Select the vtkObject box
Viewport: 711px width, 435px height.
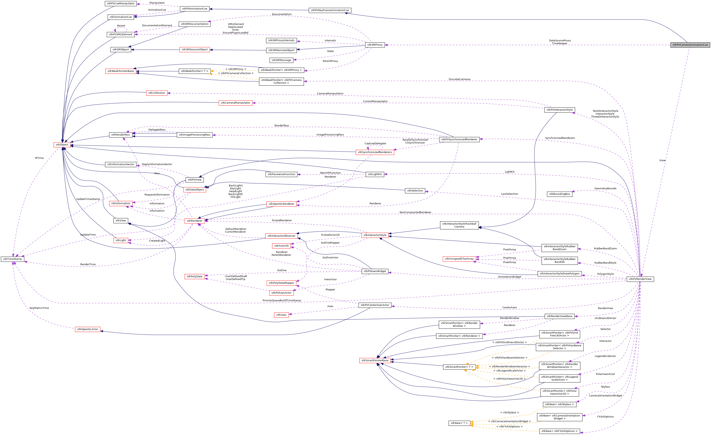(x=62, y=145)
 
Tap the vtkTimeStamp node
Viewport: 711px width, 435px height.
(x=12, y=259)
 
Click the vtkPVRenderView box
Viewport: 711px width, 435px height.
(x=640, y=279)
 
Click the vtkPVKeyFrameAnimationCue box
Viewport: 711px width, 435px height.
(x=330, y=10)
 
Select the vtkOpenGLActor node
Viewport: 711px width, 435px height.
(x=87, y=329)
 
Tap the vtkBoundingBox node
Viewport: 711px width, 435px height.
(x=559, y=194)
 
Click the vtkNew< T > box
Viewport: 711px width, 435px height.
(x=459, y=423)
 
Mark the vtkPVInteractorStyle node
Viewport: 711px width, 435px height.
(x=559, y=110)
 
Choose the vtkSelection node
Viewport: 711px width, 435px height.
(x=415, y=191)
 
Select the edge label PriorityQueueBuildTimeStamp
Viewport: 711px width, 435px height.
(x=282, y=300)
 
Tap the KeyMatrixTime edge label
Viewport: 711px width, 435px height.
(x=39, y=308)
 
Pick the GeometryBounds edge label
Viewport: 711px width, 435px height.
(x=605, y=189)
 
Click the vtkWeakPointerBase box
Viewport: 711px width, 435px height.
(x=121, y=71)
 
